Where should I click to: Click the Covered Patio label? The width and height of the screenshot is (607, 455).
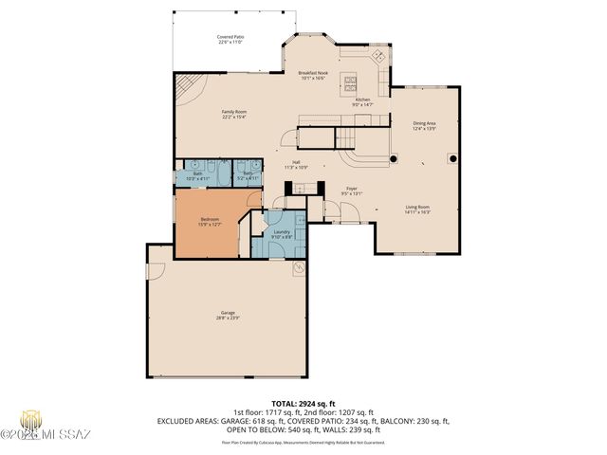pos(231,40)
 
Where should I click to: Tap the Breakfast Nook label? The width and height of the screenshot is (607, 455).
pos(313,75)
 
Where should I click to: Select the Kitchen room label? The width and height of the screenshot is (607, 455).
pos(362,102)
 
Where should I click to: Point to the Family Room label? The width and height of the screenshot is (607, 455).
pos(234,115)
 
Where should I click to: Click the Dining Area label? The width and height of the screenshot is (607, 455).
pos(424,125)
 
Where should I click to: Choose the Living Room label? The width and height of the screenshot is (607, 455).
pos(418,209)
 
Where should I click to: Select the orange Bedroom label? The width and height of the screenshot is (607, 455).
pos(210,221)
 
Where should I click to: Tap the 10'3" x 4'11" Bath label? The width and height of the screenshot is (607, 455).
pos(198,175)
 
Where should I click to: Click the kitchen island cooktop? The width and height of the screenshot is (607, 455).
pos(349,82)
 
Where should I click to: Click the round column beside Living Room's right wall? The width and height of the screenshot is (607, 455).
pos(452,158)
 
